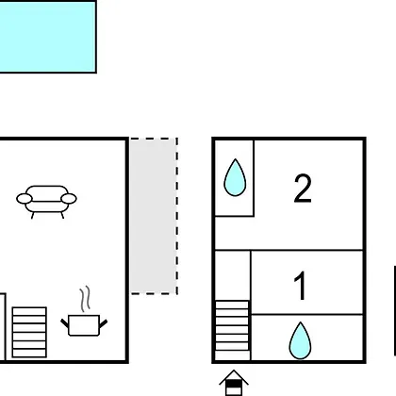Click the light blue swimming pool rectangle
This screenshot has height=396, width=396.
pos(48,37)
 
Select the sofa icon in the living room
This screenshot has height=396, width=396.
pos(46,202)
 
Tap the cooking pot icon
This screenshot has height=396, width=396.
pos(84,325)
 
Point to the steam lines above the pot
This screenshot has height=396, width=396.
pos(85,299)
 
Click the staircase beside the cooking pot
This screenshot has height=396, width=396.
pos(29,332)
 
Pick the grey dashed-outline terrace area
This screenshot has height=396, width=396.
pos(154,216)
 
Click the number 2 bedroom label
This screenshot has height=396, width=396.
pos(303,189)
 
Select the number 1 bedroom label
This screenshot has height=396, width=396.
pos(301,286)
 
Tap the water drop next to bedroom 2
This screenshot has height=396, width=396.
pos(235,177)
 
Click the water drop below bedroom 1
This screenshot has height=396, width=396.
pos(300,340)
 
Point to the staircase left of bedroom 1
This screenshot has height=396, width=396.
pos(232,325)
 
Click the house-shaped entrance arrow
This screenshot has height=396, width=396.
pos(234,383)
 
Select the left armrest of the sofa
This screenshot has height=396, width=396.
pos(25,199)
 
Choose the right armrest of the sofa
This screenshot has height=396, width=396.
pos(69,199)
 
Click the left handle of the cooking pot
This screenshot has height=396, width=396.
pos(65,323)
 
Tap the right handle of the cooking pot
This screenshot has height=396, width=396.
pos(104,323)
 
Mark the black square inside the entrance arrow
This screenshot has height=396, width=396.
pos(234,385)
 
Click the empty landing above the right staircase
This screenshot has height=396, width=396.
pos(233,275)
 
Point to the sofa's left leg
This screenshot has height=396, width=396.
pos(33,215)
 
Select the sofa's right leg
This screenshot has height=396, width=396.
pos(62,215)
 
